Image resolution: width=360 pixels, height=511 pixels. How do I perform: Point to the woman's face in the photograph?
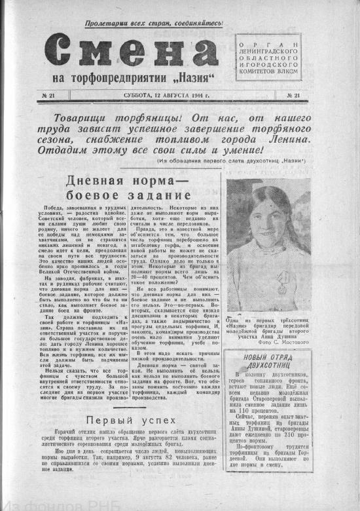(266, 219)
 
